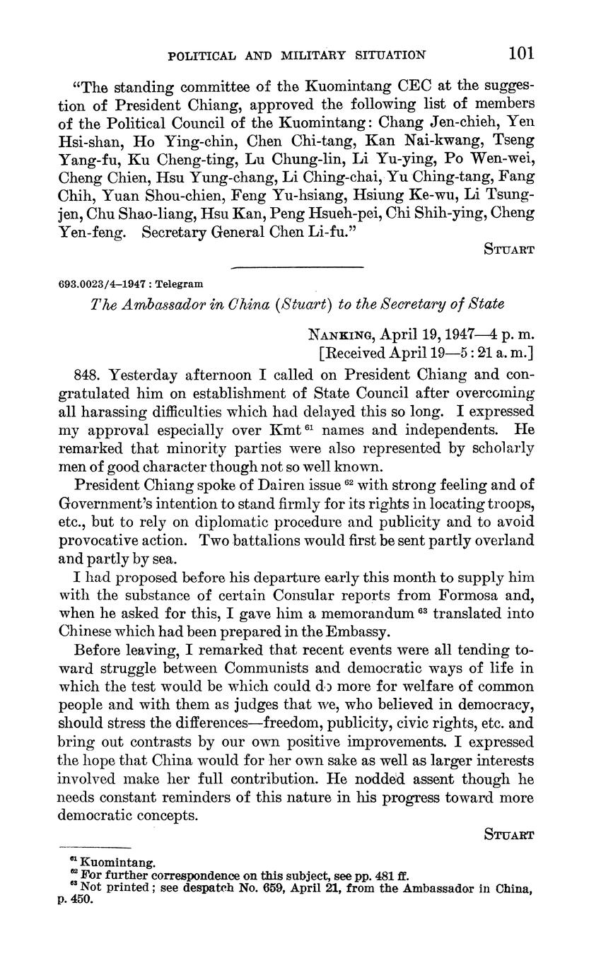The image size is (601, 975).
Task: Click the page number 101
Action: (520, 53)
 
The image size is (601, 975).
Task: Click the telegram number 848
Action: (88, 375)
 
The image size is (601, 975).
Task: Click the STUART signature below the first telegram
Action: (508, 249)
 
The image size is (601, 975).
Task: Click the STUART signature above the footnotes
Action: (508, 834)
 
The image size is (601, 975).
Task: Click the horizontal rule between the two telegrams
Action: (297, 267)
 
